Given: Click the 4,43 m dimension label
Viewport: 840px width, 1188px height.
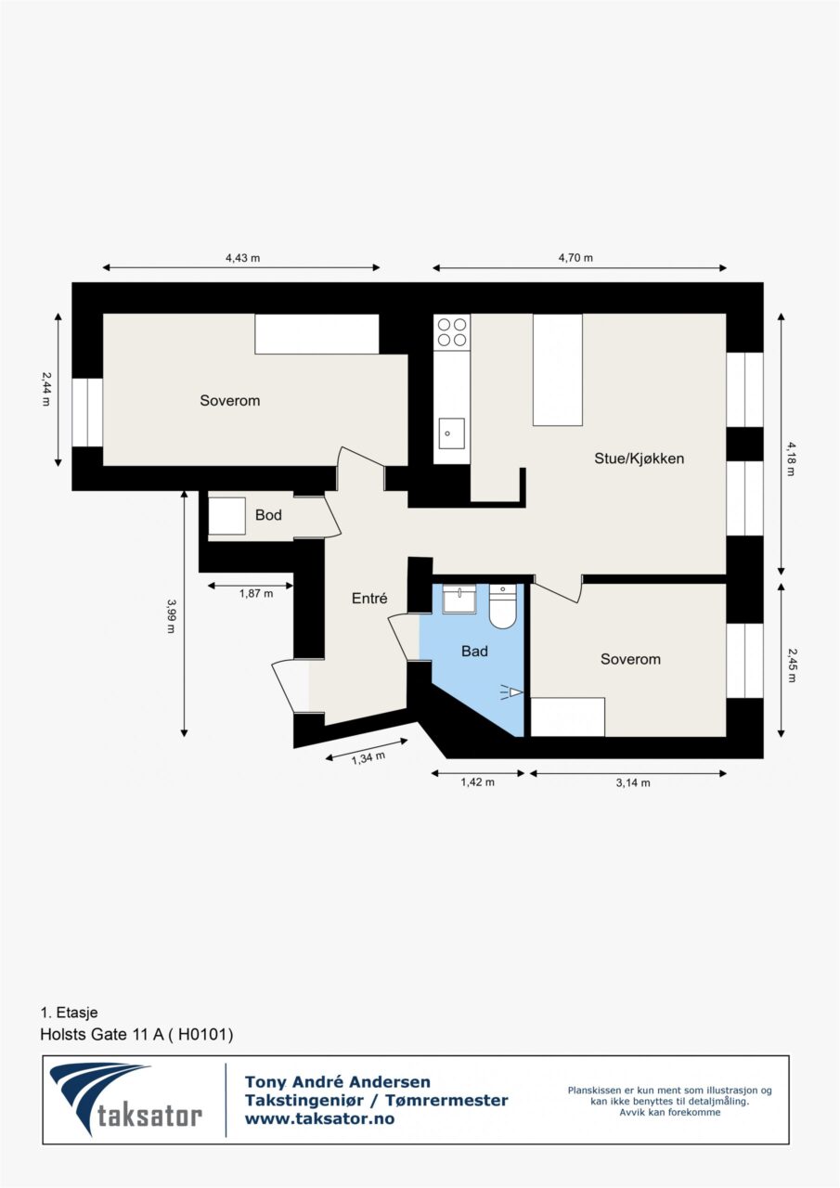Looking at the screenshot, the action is click(243, 258).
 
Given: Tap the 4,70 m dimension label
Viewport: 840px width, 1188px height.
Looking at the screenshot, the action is click(575, 258).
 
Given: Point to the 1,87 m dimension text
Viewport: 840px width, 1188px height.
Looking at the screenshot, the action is click(256, 593).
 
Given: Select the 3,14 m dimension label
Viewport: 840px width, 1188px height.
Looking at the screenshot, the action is click(633, 782).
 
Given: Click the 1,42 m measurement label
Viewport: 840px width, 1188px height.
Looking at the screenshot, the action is click(477, 782).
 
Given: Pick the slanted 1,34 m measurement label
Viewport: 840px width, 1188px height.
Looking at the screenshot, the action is click(368, 759).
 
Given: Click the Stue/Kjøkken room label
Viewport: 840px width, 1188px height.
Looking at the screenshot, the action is click(639, 458).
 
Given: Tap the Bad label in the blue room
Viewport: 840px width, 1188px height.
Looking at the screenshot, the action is click(474, 651).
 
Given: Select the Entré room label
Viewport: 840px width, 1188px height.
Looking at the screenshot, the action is click(369, 599).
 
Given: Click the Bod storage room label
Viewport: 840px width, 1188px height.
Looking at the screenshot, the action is click(268, 515).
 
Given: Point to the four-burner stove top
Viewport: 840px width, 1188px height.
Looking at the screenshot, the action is click(452, 332).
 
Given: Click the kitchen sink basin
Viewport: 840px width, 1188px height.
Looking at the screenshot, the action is click(451, 433).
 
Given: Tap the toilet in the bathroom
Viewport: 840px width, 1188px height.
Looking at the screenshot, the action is click(502, 606).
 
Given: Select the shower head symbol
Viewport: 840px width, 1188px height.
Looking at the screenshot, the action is click(512, 692).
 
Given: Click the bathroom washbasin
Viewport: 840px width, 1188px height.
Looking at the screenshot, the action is click(459, 599).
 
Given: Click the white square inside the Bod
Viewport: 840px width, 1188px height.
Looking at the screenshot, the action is click(227, 515).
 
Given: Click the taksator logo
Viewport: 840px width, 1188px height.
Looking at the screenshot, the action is click(125, 1101).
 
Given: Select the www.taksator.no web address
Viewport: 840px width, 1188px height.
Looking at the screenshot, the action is click(319, 1119).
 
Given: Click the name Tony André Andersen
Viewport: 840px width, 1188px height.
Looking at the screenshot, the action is click(337, 1081).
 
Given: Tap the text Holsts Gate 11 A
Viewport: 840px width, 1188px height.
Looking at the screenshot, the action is click(102, 1034).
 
